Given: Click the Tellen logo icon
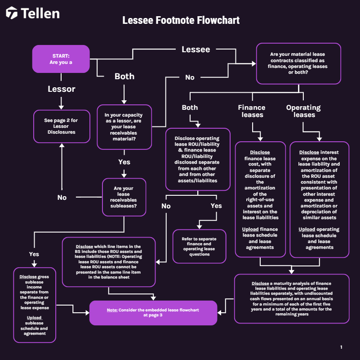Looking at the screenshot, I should [x=12, y=13].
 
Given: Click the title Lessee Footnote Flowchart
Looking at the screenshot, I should [x=181, y=20].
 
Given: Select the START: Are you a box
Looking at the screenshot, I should [x=61, y=59].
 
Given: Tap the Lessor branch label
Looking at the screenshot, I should [x=62, y=89].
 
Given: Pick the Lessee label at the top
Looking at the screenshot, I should [x=196, y=49].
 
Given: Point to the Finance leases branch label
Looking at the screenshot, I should [x=252, y=111].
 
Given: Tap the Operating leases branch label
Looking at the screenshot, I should [x=303, y=111].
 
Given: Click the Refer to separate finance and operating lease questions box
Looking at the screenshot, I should [x=199, y=246].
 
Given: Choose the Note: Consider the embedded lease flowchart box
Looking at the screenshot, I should [x=153, y=313].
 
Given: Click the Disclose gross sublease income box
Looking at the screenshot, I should [x=35, y=305].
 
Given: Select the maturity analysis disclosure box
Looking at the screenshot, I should [x=292, y=299].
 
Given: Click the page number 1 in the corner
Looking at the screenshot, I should [x=341, y=347].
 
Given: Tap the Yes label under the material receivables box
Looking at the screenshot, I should [x=124, y=162].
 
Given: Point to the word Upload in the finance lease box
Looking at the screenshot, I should [x=250, y=229].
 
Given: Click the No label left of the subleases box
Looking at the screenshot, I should [x=62, y=197].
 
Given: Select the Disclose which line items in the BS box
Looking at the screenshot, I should [x=108, y=262].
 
